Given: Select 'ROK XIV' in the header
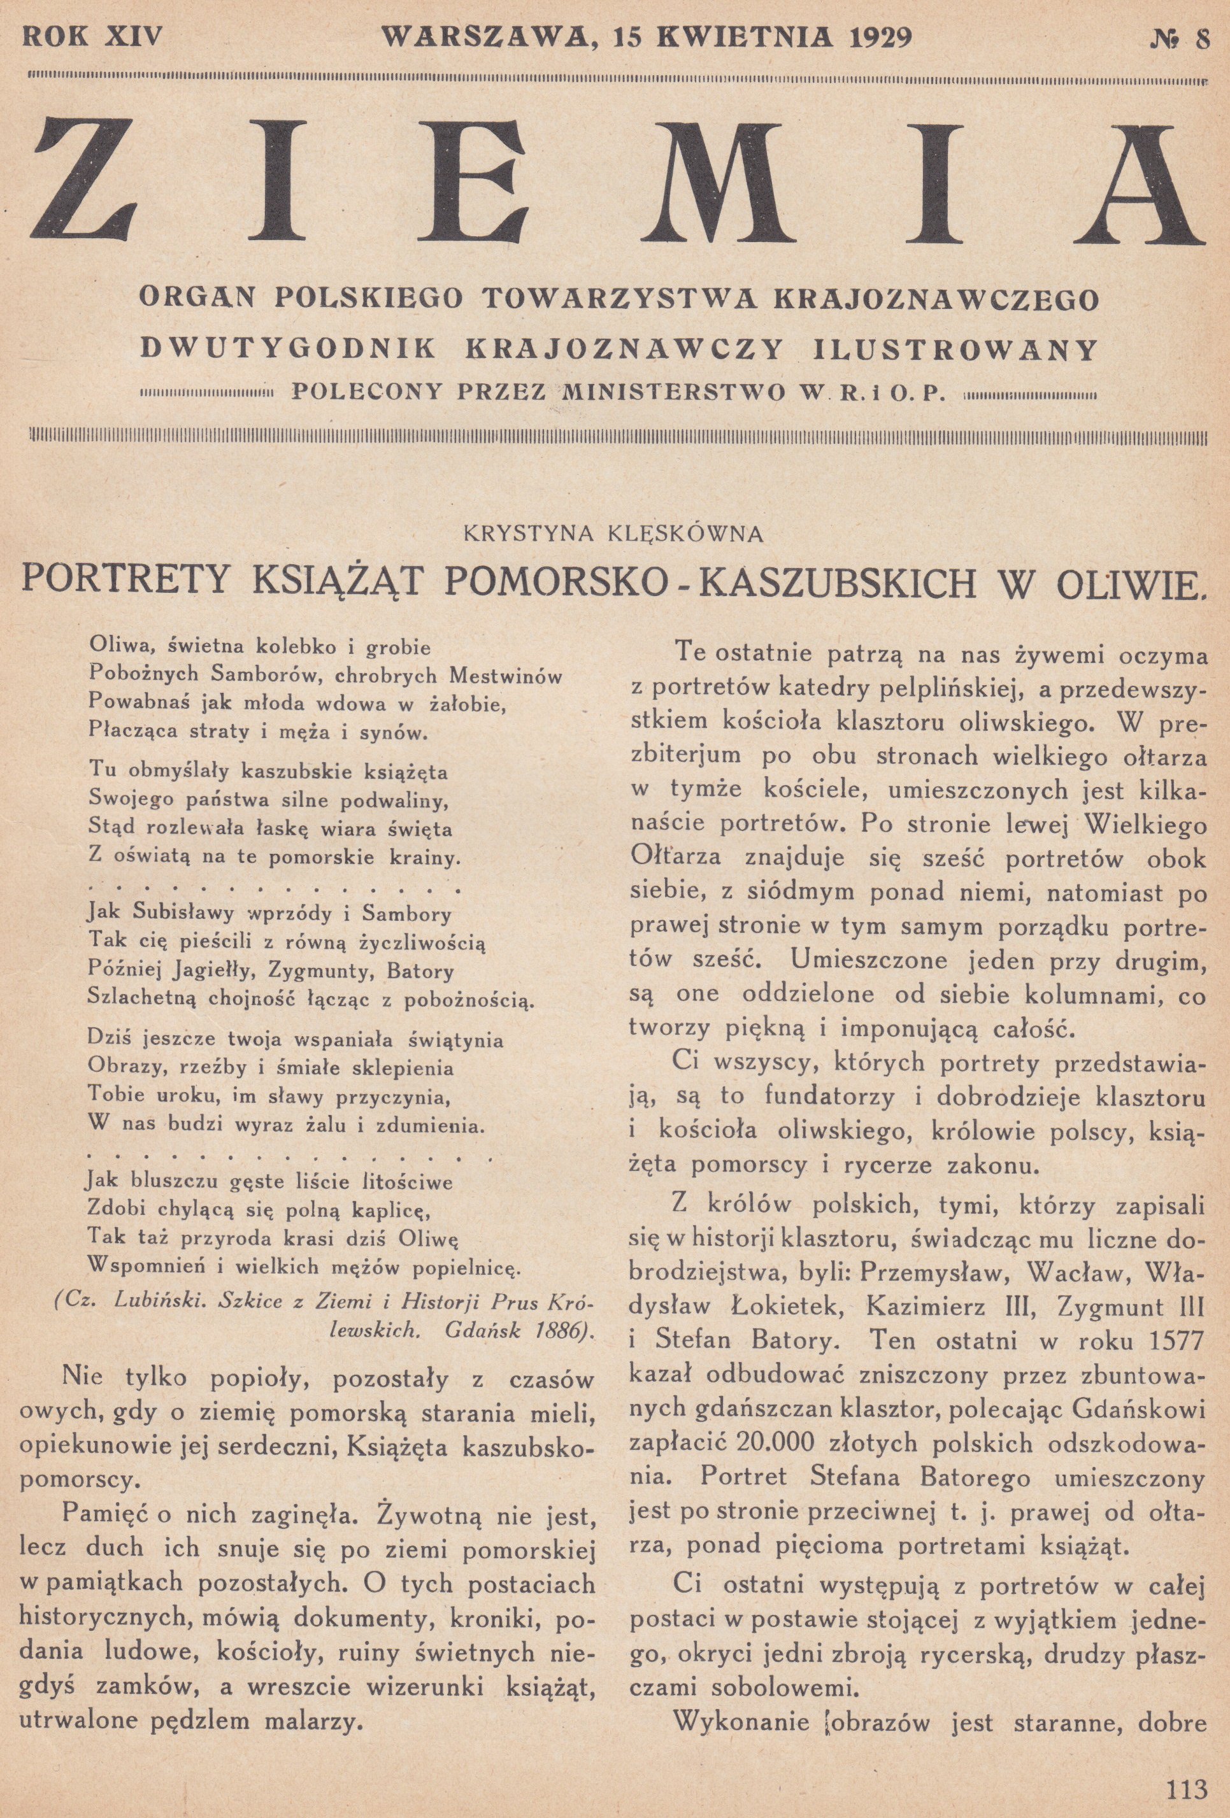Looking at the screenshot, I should pos(93,38).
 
